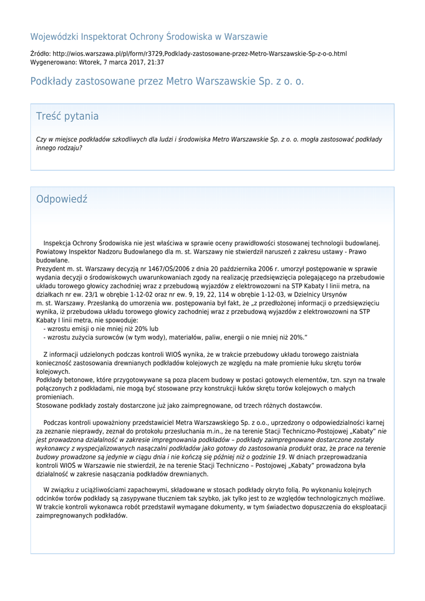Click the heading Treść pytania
coord(67,116)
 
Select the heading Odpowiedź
coord(62,199)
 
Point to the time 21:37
coord(156,62)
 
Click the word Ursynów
coord(332,295)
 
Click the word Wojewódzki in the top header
coord(55,37)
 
